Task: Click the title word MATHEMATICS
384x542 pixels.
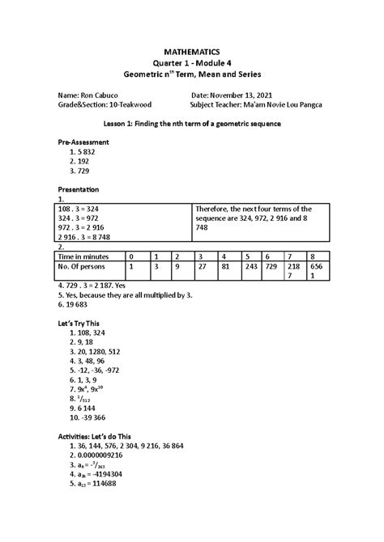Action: pyautogui.click(x=192, y=50)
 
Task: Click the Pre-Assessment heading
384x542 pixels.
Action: pyautogui.click(x=83, y=142)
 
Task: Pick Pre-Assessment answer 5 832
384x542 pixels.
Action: pyautogui.click(x=85, y=151)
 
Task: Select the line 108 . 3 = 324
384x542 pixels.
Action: pyautogui.click(x=79, y=208)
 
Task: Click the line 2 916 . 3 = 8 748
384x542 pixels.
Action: pyautogui.click(x=87, y=238)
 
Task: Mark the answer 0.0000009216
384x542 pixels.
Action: pyautogui.click(x=109, y=455)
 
